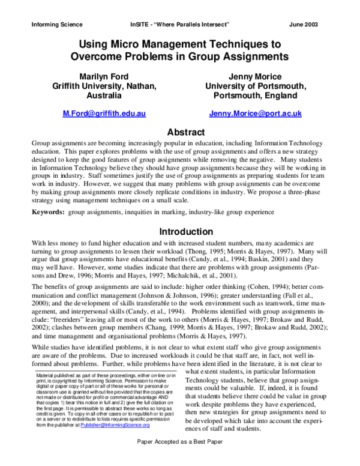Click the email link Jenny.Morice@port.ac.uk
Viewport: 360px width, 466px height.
pyautogui.click(x=255, y=113)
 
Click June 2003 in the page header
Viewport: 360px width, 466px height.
pyautogui.click(x=303, y=25)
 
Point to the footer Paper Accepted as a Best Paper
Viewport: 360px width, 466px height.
pyautogui.click(x=180, y=457)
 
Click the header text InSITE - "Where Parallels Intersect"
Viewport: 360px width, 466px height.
pyautogui.click(x=179, y=25)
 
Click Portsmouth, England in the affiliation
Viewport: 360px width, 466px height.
pyautogui.click(x=255, y=95)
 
